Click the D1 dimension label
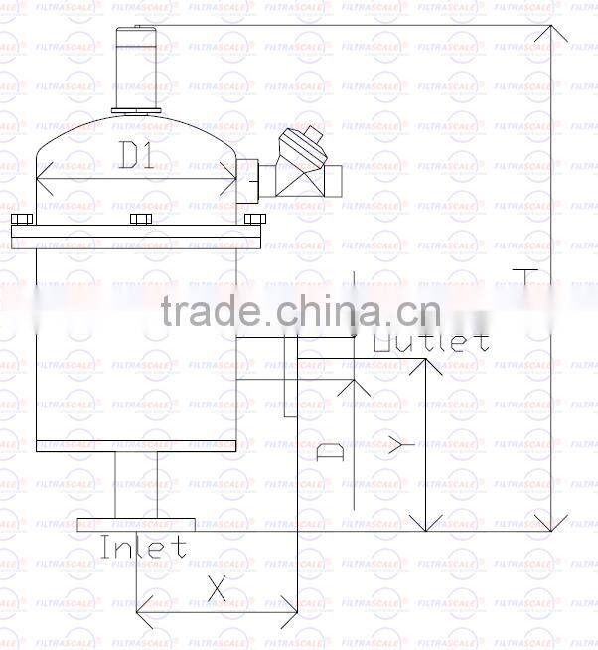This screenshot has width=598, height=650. pyautogui.click(x=137, y=156)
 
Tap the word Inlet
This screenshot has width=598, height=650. pyautogui.click(x=143, y=546)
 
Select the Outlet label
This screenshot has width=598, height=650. pyautogui.click(x=431, y=341)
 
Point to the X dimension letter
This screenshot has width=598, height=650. pyautogui.click(x=217, y=588)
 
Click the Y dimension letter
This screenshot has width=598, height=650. pyautogui.click(x=399, y=446)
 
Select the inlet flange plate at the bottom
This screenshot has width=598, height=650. pyautogui.click(x=136, y=524)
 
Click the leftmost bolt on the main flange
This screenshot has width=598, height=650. pyautogui.click(x=22, y=220)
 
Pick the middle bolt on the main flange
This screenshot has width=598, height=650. pyautogui.click(x=139, y=220)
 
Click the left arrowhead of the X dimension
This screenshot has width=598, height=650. pyautogui.click(x=142, y=603)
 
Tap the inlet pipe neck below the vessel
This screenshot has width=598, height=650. pyautogui.click(x=136, y=485)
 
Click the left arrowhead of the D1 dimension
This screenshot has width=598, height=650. pyautogui.click(x=42, y=180)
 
